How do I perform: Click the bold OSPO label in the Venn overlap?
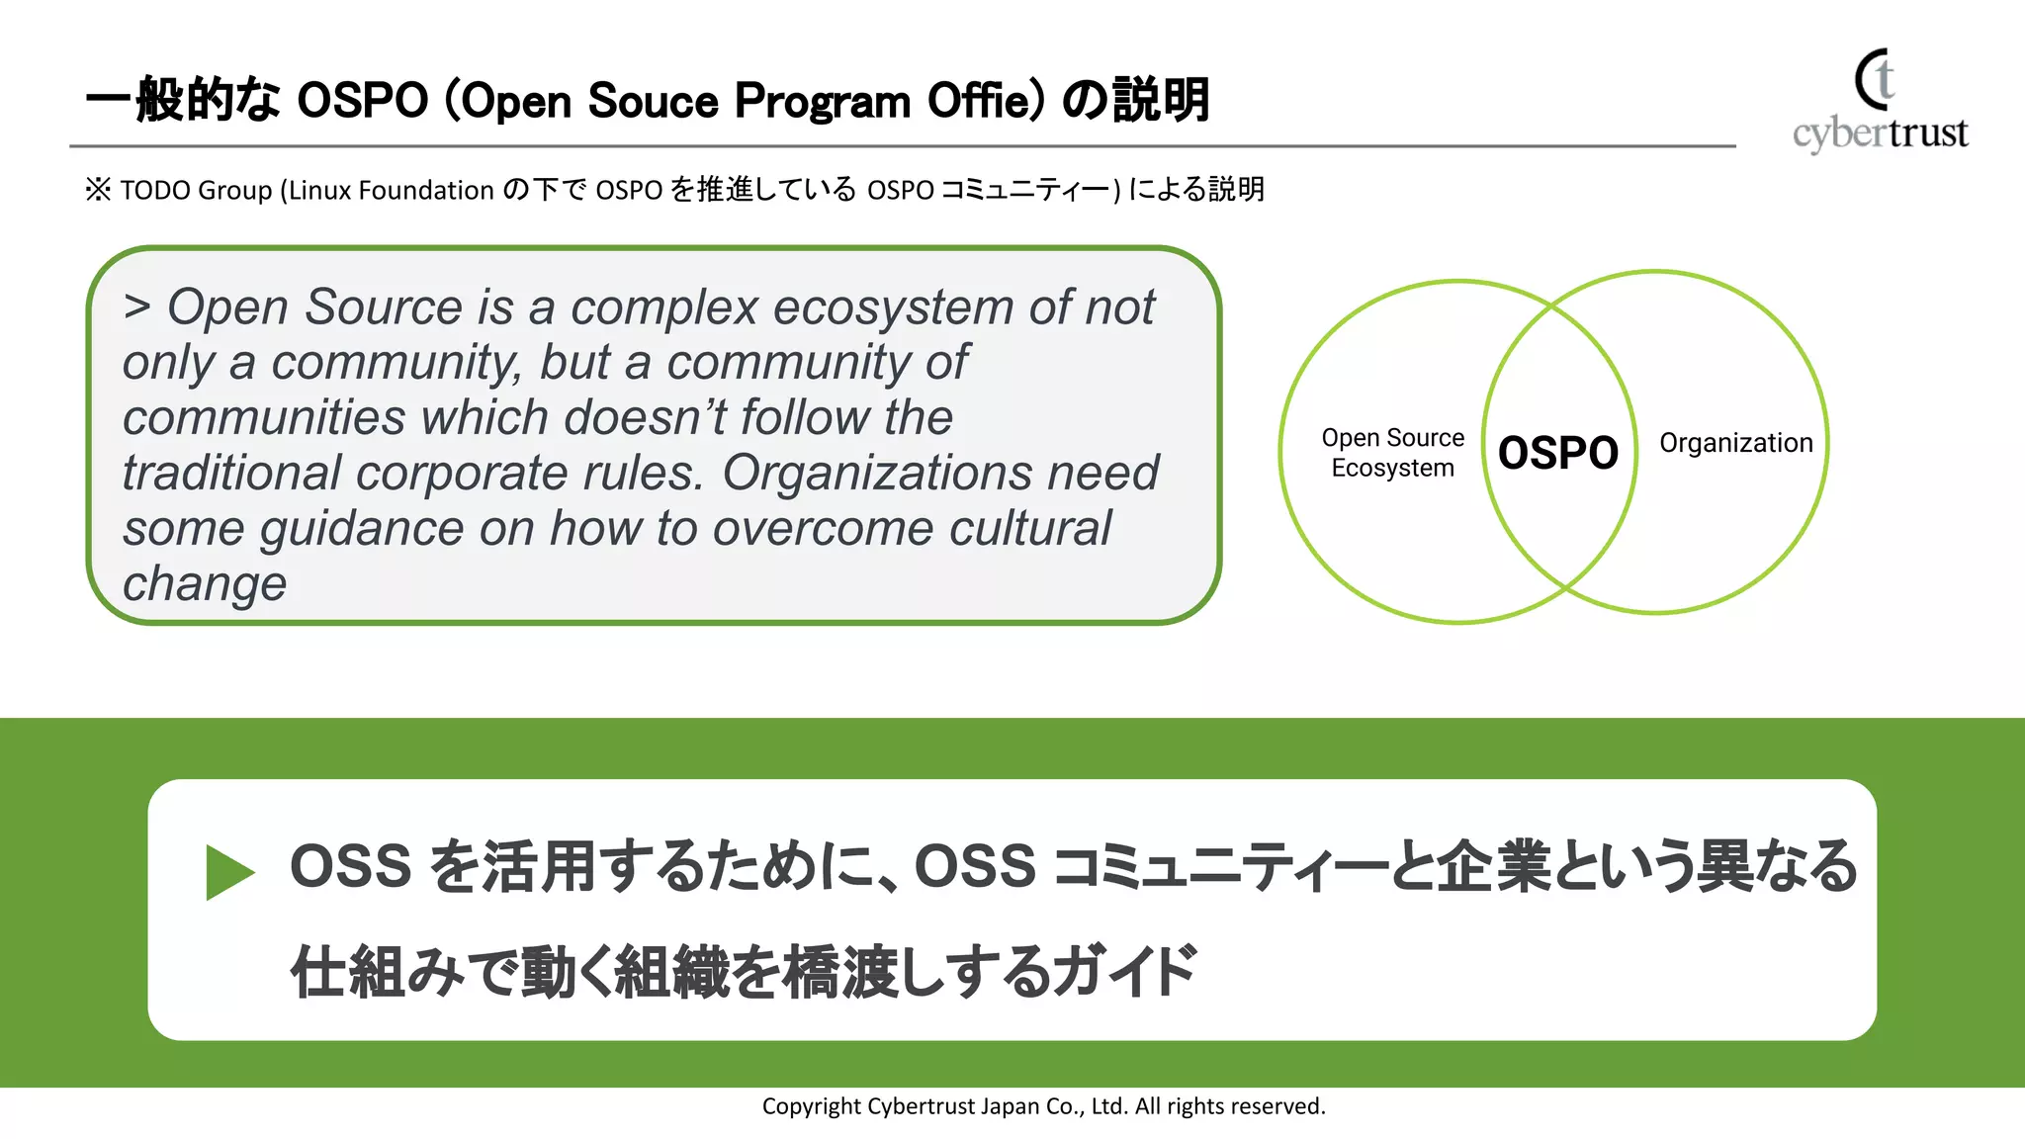tap(1557, 453)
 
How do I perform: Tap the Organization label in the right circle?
tap(1735, 443)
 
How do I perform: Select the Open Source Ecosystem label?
tap(1392, 453)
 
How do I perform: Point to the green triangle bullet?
tap(229, 872)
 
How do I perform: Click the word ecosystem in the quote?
tap(893, 307)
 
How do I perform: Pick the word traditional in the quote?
tap(231, 473)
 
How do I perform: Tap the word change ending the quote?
tap(205, 583)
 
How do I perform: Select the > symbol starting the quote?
tap(137, 307)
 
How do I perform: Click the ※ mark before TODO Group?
tap(98, 189)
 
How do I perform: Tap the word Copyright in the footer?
tap(811, 1106)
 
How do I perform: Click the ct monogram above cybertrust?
tap(1875, 79)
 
